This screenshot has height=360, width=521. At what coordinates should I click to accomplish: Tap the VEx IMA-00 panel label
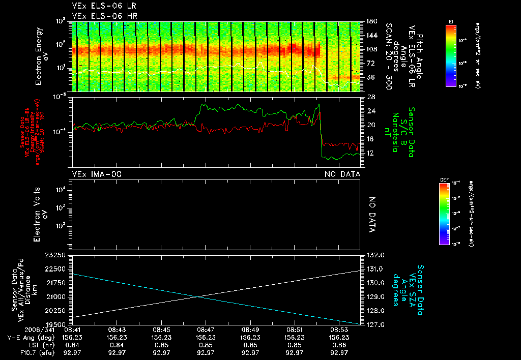pos(97,174)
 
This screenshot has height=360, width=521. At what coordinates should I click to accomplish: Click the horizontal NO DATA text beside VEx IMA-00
pos(343,174)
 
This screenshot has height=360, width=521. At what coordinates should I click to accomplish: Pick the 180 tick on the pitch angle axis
pos(371,21)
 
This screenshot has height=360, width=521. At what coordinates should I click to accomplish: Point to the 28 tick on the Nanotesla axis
pos(370,97)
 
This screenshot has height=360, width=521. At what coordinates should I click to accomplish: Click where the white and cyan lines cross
pos(198,296)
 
